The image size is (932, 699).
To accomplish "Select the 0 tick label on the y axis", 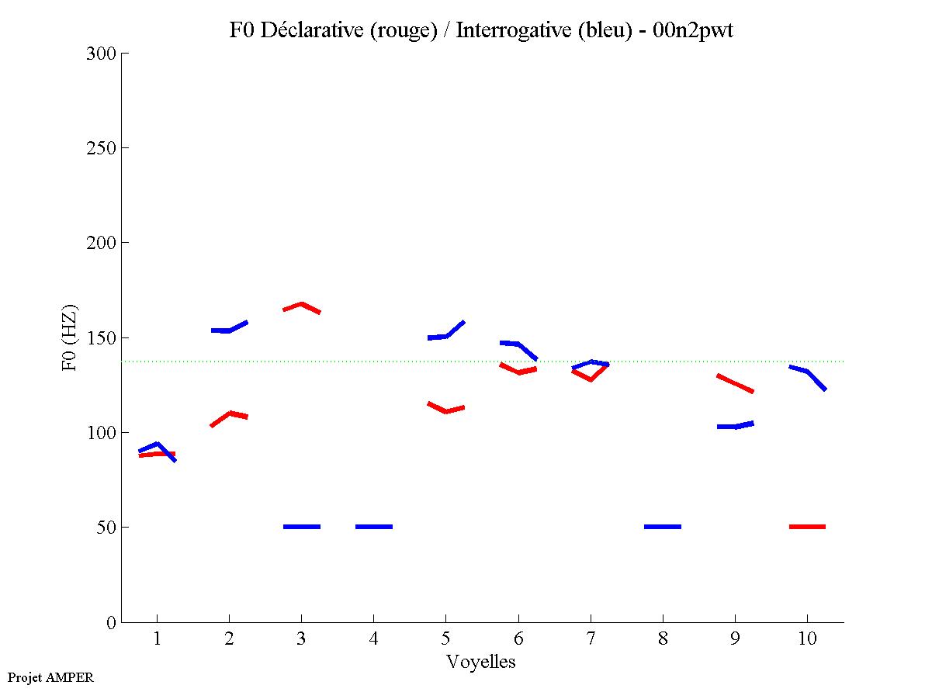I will pos(112,622).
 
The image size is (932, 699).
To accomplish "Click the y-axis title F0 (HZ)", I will pos(71,337).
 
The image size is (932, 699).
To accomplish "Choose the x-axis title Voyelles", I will pos(481,662).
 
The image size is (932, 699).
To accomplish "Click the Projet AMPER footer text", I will pos(51,677).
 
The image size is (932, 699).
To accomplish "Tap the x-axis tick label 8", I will pos(663,639).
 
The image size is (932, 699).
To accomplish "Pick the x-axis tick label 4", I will pos(373,639).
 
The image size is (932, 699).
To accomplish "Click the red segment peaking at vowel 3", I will pos(301,305).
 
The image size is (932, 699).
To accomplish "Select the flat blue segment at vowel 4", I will pos(373,527).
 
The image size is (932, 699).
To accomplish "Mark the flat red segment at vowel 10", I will pos(807,527).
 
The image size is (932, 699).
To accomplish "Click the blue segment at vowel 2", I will pos(229,330).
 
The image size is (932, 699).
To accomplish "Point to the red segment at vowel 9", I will pos(735,383).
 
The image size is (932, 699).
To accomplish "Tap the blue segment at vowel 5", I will pos(446,335).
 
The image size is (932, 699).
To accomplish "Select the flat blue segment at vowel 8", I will pos(663,527).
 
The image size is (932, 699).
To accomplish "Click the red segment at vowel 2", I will pos(230,414).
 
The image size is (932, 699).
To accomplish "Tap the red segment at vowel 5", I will pos(445,410).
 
